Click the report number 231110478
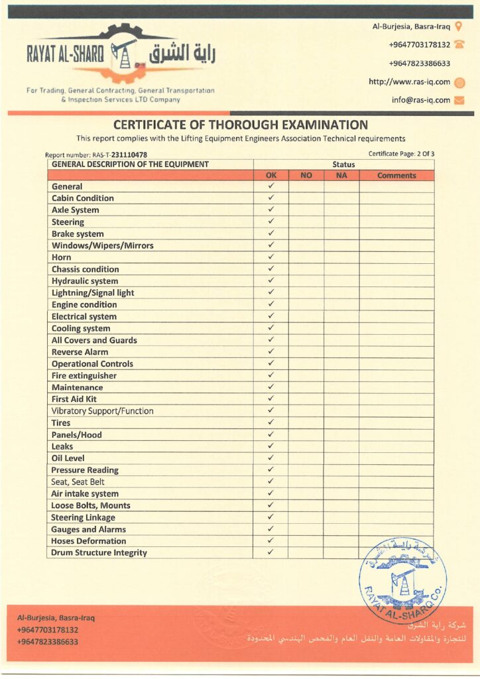click(129, 155)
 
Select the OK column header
click(270, 176)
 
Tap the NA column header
click(341, 176)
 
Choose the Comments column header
click(396, 176)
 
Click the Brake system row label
click(78, 234)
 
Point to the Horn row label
click(62, 257)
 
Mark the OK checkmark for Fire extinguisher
click(270, 375)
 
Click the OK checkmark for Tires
click(270, 422)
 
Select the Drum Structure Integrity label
click(99, 552)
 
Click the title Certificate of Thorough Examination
click(240, 125)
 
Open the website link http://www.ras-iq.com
click(409, 82)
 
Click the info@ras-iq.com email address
click(421, 101)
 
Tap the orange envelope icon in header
click(459, 101)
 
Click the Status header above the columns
click(343, 164)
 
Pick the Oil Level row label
click(68, 458)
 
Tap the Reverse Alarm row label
click(80, 352)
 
